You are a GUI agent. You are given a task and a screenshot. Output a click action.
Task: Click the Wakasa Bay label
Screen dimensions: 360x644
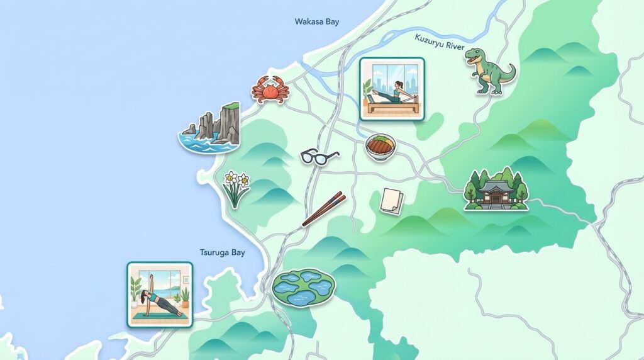click(317, 22)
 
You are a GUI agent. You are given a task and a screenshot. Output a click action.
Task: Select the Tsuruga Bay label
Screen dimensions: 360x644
click(222, 252)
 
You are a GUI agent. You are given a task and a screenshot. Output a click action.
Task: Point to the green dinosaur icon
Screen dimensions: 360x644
click(489, 70)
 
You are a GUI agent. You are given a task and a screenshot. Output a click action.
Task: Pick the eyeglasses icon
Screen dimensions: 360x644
click(319, 156)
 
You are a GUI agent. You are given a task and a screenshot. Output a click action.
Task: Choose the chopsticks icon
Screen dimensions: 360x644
click(324, 209)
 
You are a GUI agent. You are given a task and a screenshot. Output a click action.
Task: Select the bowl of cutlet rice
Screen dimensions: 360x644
click(380, 146)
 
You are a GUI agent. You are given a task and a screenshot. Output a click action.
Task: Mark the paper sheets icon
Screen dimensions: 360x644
click(391, 200)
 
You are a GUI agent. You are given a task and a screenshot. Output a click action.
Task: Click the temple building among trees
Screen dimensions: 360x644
click(496, 189)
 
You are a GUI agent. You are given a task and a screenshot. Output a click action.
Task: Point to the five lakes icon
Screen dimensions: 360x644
click(304, 288)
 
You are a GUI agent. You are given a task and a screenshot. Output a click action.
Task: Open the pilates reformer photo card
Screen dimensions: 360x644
click(392, 89)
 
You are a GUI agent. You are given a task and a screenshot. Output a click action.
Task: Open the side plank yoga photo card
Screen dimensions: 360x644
click(160, 295)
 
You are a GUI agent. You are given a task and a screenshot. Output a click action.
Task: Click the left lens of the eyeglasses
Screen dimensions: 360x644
click(310, 156)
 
